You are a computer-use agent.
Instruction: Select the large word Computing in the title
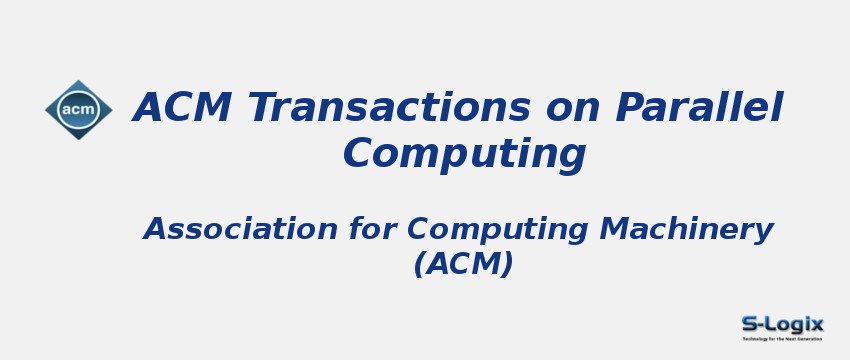tap(464, 154)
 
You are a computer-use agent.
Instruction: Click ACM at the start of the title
tap(183, 108)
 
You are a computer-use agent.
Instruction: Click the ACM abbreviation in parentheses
tap(463, 264)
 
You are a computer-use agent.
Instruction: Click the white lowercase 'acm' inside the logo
tap(78, 110)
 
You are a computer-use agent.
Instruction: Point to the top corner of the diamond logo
tap(78, 81)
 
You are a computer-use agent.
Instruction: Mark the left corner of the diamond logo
tap(46, 110)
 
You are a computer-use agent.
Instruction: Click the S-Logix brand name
tap(782, 324)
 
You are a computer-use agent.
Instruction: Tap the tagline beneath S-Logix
tap(782, 339)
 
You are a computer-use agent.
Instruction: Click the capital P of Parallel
tap(627, 108)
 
